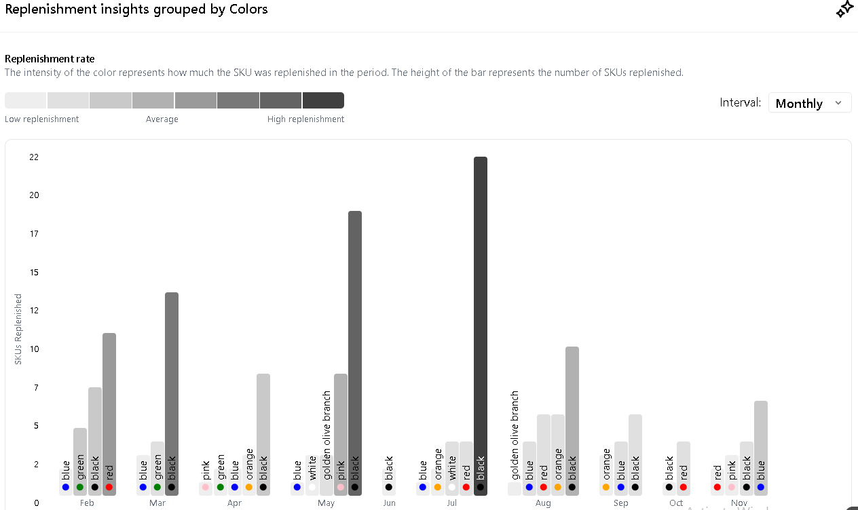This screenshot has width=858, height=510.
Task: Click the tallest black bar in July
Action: tap(481, 326)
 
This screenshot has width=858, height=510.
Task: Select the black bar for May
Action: tap(355, 353)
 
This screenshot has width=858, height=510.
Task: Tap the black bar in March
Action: tap(172, 393)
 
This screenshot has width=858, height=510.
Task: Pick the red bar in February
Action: tap(109, 414)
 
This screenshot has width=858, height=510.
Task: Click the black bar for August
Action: tap(572, 420)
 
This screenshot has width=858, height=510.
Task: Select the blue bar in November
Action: tap(761, 448)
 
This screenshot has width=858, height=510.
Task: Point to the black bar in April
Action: tap(263, 434)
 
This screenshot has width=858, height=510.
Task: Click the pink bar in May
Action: tap(341, 434)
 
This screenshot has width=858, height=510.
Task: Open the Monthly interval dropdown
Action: tap(810, 103)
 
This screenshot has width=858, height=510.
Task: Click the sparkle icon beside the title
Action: tap(844, 9)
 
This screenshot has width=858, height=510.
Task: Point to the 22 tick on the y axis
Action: tap(34, 157)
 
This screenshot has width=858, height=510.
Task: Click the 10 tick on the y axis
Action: tap(34, 349)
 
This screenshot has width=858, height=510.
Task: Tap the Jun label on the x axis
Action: tap(389, 503)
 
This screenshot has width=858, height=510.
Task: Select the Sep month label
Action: tap(621, 503)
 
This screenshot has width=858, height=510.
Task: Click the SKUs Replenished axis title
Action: tap(18, 329)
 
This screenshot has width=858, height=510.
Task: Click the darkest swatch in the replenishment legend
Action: tap(323, 100)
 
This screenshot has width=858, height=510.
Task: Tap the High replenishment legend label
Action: tap(305, 119)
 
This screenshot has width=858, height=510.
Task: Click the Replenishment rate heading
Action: tap(50, 59)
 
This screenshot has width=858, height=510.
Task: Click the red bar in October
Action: tap(684, 468)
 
